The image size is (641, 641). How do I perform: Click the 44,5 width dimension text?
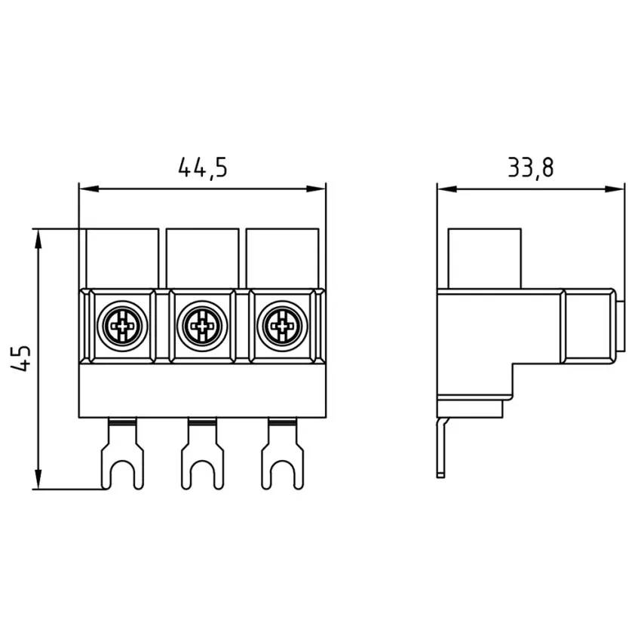point(203,167)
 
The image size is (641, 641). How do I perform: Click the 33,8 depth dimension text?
point(531,167)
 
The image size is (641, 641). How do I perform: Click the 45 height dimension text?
point(21,358)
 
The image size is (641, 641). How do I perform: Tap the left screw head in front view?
point(122,326)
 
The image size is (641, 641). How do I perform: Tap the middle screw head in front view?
point(202,326)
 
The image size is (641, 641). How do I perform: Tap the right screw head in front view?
point(283,326)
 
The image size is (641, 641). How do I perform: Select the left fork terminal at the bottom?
point(122,454)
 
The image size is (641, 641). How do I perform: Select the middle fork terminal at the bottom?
point(202,454)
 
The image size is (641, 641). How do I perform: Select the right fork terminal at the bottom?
point(283,454)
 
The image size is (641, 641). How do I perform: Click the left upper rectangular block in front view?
point(122,259)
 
